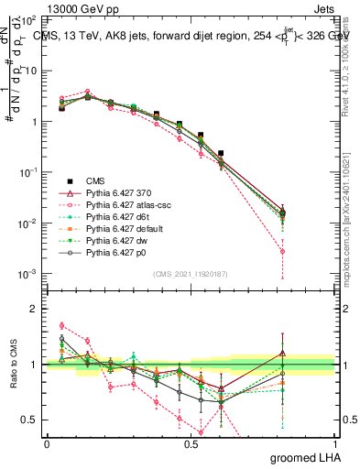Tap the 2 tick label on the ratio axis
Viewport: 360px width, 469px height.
coord(35,309)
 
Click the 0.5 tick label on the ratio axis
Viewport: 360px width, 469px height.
coord(30,420)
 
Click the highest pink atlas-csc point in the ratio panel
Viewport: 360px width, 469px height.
coord(61,325)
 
